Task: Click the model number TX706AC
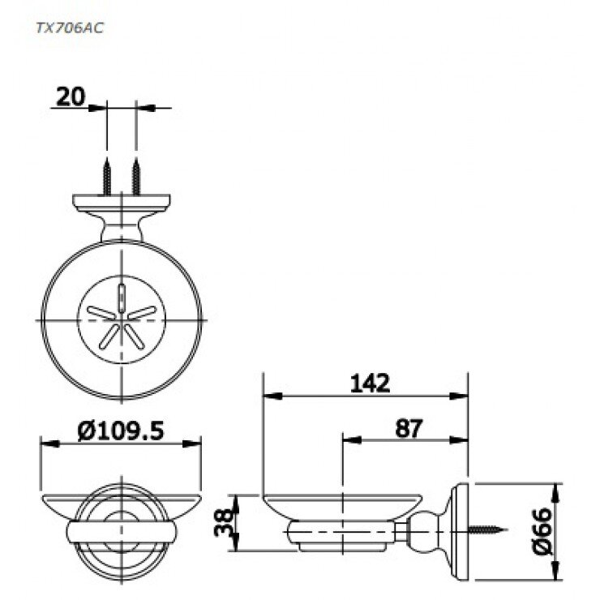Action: click(69, 27)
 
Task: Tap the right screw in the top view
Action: click(135, 176)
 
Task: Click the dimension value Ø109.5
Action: click(122, 430)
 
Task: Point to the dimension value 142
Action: click(371, 383)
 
